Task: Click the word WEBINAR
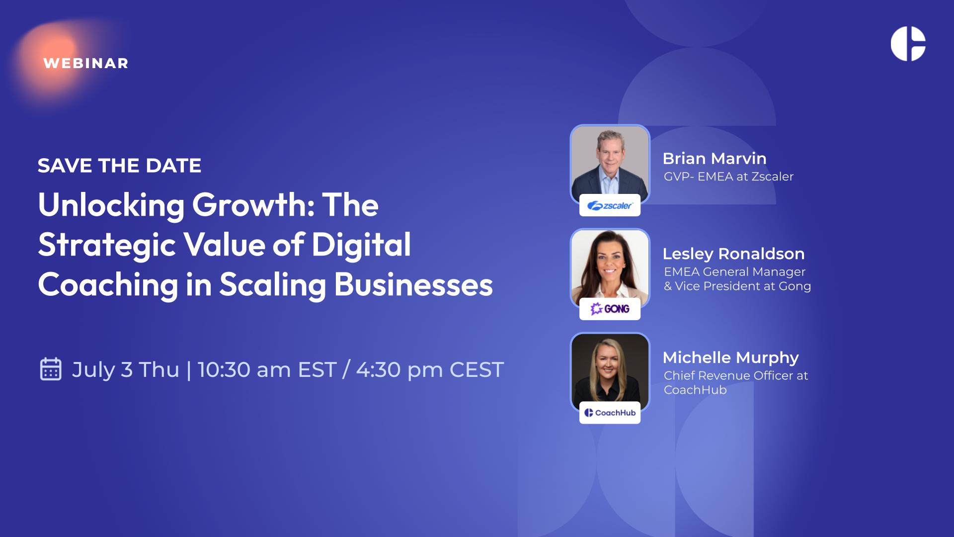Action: pyautogui.click(x=86, y=63)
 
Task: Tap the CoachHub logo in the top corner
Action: pyautogui.click(x=908, y=44)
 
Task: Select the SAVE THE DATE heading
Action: pyautogui.click(x=119, y=166)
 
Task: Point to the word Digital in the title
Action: pyautogui.click(x=361, y=245)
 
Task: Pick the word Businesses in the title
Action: pyautogui.click(x=413, y=284)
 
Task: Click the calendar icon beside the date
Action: pyautogui.click(x=51, y=369)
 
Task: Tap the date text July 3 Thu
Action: pyautogui.click(x=125, y=370)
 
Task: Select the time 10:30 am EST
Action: pyautogui.click(x=267, y=370)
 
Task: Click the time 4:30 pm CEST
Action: pyautogui.click(x=430, y=370)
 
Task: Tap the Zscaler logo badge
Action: pyautogui.click(x=610, y=205)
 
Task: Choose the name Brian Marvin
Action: pyautogui.click(x=715, y=159)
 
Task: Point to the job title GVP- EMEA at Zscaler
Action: pyautogui.click(x=728, y=177)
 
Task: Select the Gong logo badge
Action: pyautogui.click(x=610, y=309)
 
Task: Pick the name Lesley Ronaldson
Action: pyautogui.click(x=733, y=254)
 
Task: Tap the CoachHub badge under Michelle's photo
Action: pyautogui.click(x=610, y=413)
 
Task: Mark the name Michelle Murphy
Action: pyautogui.click(x=731, y=358)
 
